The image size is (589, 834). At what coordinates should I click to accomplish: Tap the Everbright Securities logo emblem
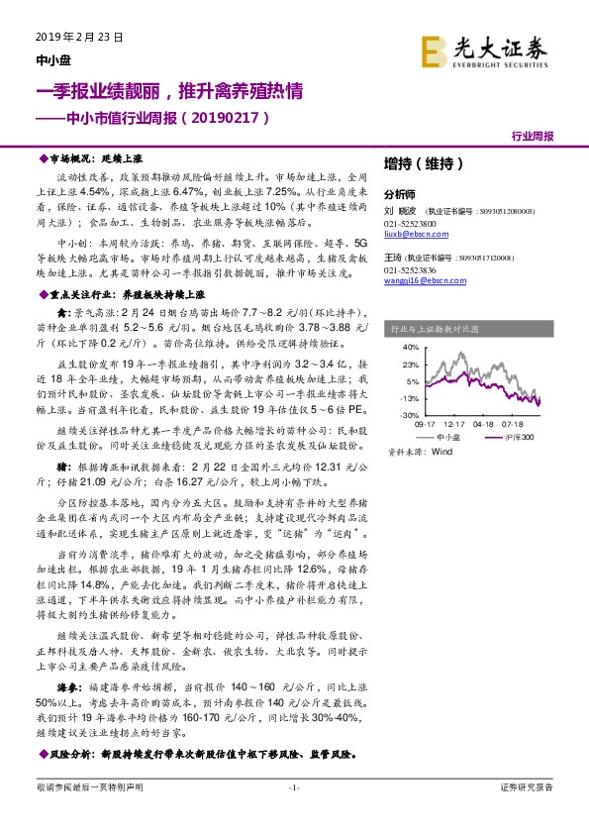(x=435, y=50)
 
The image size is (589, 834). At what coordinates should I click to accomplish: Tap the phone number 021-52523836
(x=409, y=270)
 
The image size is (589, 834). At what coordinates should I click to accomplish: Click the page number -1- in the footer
(x=293, y=814)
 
